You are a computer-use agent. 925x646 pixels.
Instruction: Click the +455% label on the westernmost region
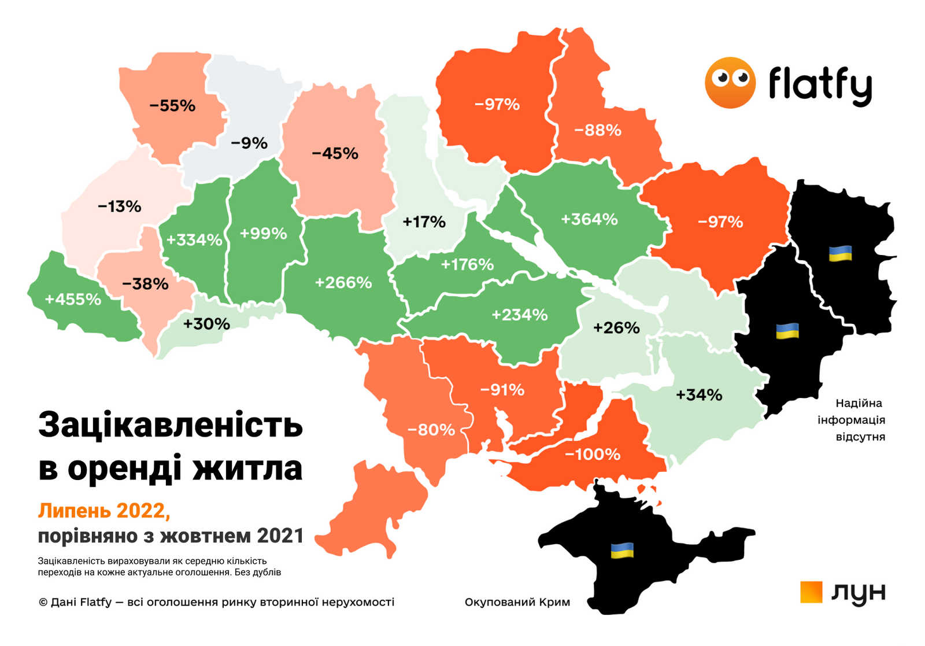pos(73,299)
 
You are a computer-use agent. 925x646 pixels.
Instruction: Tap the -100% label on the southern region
pos(592,454)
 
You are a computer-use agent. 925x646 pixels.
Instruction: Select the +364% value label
pos(589,219)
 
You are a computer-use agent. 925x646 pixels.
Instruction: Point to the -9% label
pos(249,143)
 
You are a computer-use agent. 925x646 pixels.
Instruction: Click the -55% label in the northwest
pos(172,106)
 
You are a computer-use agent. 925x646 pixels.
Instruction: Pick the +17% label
pos(424,222)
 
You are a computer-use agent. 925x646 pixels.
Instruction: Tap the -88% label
pos(598,130)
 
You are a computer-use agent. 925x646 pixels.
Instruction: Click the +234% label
pos(519,315)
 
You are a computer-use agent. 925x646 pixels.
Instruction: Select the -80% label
pos(431,430)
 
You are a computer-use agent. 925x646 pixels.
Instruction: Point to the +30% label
pos(206,324)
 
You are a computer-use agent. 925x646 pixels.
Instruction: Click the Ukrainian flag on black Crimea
pos(622,550)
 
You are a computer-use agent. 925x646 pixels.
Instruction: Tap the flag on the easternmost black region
pos(840,253)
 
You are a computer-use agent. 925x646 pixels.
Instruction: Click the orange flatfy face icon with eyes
pos(730,83)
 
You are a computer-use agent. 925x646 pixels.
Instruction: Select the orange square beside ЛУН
pos(811,592)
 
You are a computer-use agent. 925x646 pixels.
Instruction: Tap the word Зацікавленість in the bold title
pos(171,425)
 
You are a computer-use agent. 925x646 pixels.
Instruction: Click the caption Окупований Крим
pos(517,602)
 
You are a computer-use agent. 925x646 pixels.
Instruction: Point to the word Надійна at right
pos(859,403)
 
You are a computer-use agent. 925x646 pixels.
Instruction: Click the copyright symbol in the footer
pos(43,602)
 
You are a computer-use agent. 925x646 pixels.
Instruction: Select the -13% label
pos(120,206)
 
